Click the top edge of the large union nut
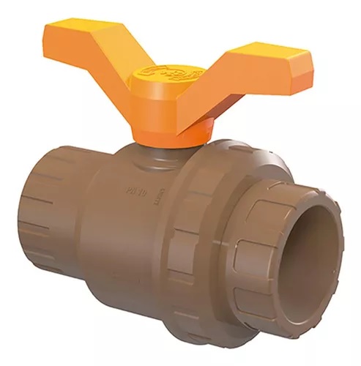click(220, 146)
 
